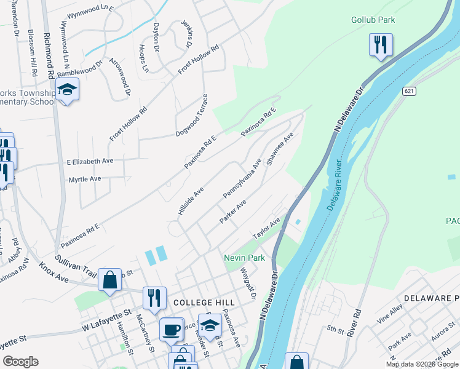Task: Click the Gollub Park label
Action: tap(373, 20)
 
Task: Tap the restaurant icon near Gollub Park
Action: tap(381, 45)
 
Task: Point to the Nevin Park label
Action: tap(244, 258)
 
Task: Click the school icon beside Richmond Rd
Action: tap(67, 91)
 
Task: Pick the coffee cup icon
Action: tap(171, 329)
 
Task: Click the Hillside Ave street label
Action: tap(190, 202)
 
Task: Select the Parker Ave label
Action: tap(233, 212)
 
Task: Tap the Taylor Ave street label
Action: tap(266, 229)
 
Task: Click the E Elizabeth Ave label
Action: tap(90, 161)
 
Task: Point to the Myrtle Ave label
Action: tap(84, 180)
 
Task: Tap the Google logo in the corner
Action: tap(20, 362)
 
